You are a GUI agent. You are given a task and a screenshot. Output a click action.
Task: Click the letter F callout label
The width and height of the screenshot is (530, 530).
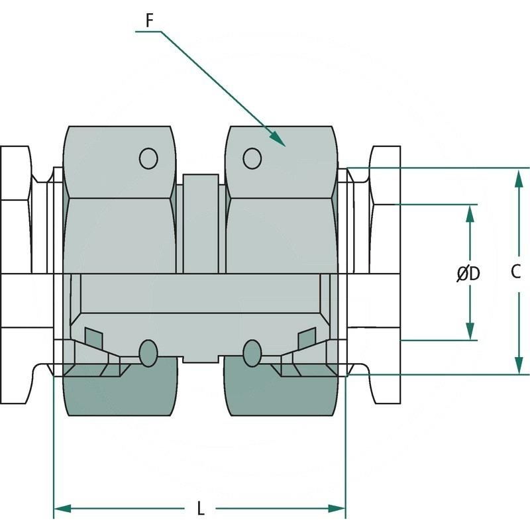pos(150,21)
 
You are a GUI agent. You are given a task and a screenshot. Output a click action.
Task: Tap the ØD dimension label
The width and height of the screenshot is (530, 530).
pos(468,273)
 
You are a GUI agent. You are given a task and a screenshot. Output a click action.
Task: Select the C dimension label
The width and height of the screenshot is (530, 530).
pos(517,271)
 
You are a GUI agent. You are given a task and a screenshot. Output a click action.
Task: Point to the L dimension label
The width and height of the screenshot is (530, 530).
pos(201,509)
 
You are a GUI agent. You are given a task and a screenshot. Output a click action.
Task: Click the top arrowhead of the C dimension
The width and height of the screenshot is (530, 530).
pos(517,176)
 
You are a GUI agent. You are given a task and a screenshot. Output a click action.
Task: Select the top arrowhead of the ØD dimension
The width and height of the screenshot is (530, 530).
pos(470,213)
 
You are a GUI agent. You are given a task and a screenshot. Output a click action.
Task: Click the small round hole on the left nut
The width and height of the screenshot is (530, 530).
pos(148,158)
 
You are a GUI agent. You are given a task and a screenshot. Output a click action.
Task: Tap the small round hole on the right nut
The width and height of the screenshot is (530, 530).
pos(252,158)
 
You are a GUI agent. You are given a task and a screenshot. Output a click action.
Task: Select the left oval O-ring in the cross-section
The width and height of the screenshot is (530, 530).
pos(148,353)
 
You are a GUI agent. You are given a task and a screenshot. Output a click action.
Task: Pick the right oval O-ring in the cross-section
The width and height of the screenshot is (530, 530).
pos(252,353)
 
